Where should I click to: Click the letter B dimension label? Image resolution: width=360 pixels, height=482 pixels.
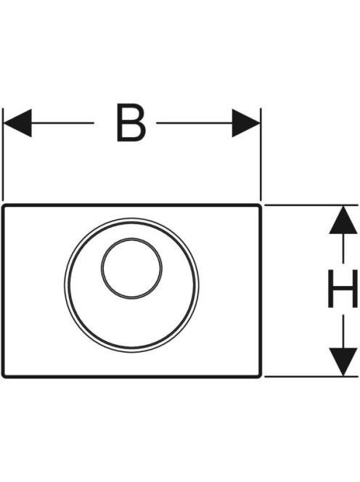click(x=131, y=123)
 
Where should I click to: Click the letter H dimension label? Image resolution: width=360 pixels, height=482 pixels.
click(x=343, y=288)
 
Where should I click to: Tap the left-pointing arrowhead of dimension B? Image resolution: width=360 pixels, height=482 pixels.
click(x=17, y=123)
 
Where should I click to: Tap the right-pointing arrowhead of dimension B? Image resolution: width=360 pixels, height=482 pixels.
click(x=246, y=123)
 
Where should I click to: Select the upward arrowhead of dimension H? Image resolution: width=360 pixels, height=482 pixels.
click(x=343, y=220)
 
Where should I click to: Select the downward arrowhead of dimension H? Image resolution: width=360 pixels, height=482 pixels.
click(x=343, y=361)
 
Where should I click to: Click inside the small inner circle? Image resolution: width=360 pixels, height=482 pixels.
click(x=131, y=268)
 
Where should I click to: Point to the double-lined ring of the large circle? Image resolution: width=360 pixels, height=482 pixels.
click(x=65, y=285)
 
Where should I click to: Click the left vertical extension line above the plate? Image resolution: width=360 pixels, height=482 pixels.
click(x=3, y=155)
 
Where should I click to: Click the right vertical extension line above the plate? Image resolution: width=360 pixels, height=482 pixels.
click(x=261, y=155)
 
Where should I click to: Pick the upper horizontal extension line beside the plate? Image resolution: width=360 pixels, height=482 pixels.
click(x=311, y=205)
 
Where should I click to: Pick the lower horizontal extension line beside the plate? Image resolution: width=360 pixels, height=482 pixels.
click(x=311, y=376)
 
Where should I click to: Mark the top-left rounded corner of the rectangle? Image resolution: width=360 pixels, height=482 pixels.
click(x=4, y=206)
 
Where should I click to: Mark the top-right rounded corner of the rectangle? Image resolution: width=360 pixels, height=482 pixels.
click(x=259, y=206)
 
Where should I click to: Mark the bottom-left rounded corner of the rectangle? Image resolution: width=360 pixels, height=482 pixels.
click(x=4, y=375)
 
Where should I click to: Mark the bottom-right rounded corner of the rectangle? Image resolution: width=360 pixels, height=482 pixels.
click(x=259, y=375)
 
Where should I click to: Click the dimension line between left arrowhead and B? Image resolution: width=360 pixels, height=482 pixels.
click(x=62, y=123)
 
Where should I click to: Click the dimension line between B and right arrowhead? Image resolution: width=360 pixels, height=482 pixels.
click(x=195, y=123)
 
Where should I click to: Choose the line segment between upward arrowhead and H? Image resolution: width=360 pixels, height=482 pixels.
click(x=343, y=248)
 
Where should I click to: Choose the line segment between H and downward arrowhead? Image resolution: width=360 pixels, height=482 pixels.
click(x=343, y=331)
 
